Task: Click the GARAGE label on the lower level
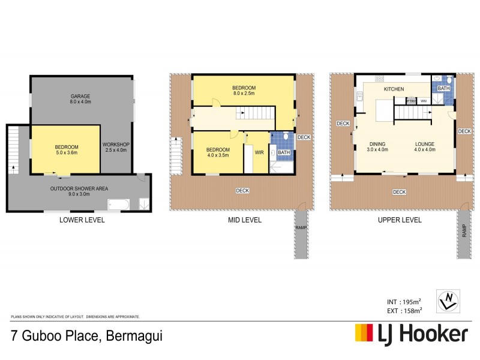pyautogui.click(x=80, y=95)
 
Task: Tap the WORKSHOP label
pyautogui.click(x=116, y=145)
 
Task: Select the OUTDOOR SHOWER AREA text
pyautogui.click(x=79, y=187)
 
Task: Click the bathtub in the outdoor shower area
pyautogui.click(x=118, y=205)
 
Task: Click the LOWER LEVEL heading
pyautogui.click(x=82, y=220)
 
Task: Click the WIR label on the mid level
pyautogui.click(x=259, y=152)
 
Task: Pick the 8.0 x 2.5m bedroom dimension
pyautogui.click(x=244, y=94)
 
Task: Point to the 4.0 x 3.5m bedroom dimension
pyautogui.click(x=218, y=155)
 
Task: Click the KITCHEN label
pyautogui.click(x=394, y=89)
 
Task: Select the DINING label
pyautogui.click(x=377, y=144)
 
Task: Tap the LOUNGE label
pyautogui.click(x=424, y=144)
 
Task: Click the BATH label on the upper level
pyautogui.click(x=443, y=89)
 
